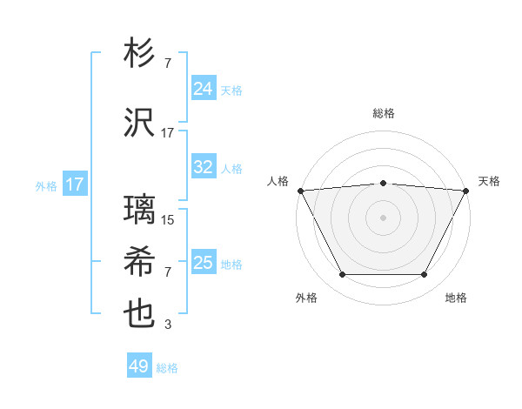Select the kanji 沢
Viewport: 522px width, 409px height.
[x=140, y=122]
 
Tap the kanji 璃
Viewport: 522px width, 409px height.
[x=140, y=210]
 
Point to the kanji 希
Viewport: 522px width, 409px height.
[x=140, y=260]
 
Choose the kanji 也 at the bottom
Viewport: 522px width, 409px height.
[x=140, y=314]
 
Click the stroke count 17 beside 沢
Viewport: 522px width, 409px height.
[x=168, y=133]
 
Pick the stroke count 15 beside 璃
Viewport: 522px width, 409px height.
[x=168, y=220]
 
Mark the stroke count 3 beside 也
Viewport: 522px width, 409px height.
[x=168, y=325]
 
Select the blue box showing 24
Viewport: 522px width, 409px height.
[x=203, y=88]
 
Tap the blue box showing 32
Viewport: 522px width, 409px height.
[x=203, y=167]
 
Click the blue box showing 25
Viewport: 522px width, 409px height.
[x=203, y=263]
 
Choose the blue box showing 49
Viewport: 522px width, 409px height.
[x=139, y=366]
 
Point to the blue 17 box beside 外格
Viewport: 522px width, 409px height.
[x=74, y=184]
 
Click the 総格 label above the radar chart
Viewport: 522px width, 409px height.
[x=383, y=114]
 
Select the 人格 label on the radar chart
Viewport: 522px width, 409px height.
[x=278, y=181]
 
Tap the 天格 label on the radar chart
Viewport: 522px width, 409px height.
[x=489, y=181]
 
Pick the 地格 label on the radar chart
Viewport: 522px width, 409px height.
[x=456, y=298]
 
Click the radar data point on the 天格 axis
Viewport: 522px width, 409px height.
[x=466, y=191]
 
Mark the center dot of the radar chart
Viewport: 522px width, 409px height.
[x=383, y=218]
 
